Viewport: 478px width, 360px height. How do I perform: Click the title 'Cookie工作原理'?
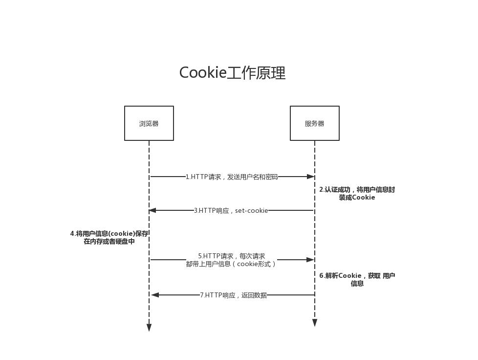[x=232, y=73]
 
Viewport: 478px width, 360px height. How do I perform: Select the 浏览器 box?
[x=149, y=123]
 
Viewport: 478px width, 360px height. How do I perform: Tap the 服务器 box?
[x=314, y=123]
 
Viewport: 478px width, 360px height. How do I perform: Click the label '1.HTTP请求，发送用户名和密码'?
[x=231, y=177]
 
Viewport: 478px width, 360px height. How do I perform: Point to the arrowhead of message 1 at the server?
[x=310, y=177]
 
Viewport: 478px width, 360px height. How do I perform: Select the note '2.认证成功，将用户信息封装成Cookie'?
[x=357, y=194]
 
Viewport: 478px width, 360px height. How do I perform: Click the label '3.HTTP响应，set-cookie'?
[x=231, y=211]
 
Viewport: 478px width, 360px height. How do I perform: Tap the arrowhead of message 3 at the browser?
[x=152, y=210]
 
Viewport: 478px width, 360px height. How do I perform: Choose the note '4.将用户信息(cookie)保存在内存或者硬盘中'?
[x=109, y=238]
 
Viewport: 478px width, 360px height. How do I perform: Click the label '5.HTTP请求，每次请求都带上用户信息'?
[x=231, y=260]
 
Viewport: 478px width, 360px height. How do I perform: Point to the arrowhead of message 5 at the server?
[x=310, y=260]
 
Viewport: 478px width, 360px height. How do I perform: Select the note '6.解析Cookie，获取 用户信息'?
[x=357, y=279]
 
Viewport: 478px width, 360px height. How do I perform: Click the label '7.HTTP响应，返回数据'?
[x=233, y=295]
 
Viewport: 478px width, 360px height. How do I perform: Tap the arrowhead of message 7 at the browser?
[x=155, y=295]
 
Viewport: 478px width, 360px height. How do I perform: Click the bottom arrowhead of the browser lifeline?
[x=149, y=327]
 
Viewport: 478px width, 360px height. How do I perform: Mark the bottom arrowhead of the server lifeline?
[x=315, y=323]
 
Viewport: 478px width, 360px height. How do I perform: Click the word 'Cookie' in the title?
[x=203, y=73]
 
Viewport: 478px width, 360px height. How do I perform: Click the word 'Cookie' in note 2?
[x=363, y=198]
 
